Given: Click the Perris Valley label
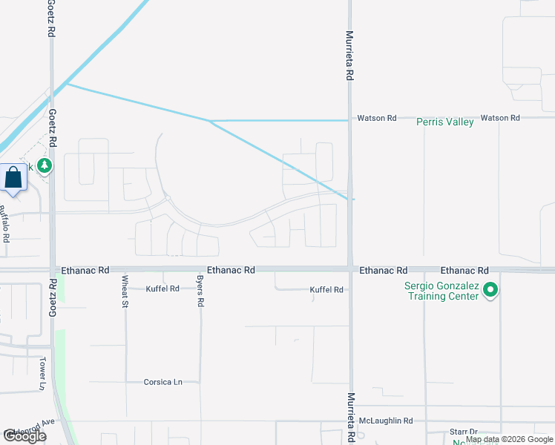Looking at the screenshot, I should pos(444,122).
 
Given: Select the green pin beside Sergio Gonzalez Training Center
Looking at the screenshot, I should pos(490,290).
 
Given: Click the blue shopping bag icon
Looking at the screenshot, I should pos(13,178).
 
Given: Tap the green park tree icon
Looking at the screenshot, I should pos(46,165).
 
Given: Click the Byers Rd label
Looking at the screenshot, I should pos(200,293).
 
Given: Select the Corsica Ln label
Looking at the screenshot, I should pos(162,382).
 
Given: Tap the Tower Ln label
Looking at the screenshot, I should pos(43,373).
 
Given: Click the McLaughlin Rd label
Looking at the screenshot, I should pos(385,421).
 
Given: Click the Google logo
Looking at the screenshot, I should pos(24,436).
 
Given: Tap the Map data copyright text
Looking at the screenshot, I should pos(509,440).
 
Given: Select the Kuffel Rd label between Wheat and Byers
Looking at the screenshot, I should pos(162,289).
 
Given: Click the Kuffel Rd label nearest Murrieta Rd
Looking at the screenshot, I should pos(326,290).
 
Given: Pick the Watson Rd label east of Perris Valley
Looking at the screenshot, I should pos(500,118).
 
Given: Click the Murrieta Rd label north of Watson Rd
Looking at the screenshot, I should pos(350,55).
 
